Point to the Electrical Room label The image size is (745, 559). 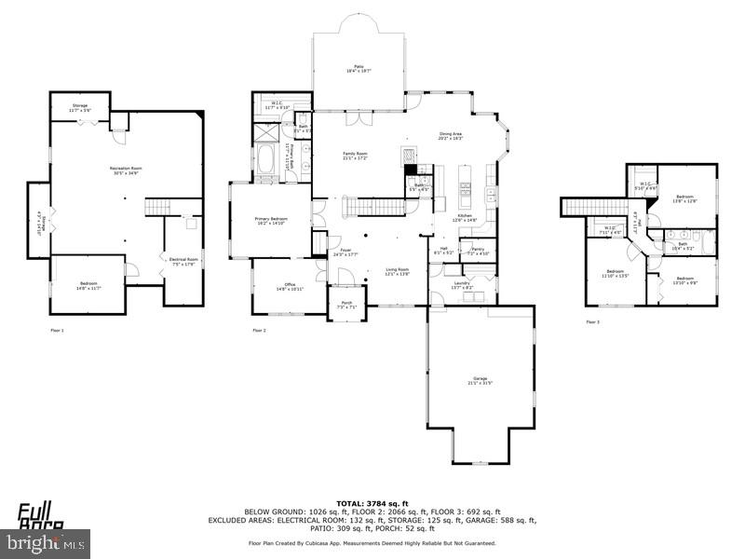[183, 260]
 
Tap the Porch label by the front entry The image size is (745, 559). [345, 304]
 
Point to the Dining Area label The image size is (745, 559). [451, 135]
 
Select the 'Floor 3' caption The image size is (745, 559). [593, 322]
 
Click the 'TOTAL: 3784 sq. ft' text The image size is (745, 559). [372, 503]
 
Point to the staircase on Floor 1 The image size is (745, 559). [162, 207]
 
